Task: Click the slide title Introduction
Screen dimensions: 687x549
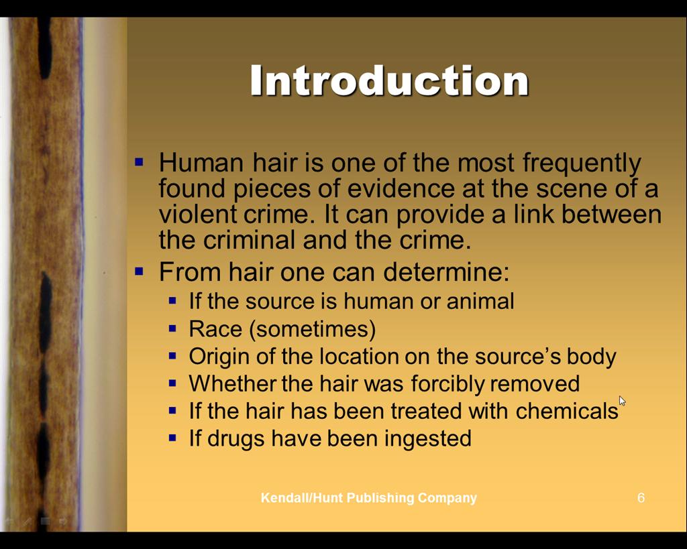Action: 390,80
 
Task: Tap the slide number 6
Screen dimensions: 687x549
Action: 641,498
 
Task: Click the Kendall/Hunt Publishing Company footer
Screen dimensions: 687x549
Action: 368,498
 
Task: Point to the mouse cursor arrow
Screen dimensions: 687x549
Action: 622,401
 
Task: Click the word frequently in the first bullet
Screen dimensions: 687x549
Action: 582,164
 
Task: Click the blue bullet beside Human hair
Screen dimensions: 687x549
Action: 140,162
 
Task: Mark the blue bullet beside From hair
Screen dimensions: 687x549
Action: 140,271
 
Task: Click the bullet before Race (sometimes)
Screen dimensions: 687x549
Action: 172,328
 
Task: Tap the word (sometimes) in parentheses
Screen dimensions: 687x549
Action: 313,329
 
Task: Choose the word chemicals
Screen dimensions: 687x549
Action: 567,411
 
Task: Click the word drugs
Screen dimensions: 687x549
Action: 235,439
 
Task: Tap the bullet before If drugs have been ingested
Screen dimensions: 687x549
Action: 172,437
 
